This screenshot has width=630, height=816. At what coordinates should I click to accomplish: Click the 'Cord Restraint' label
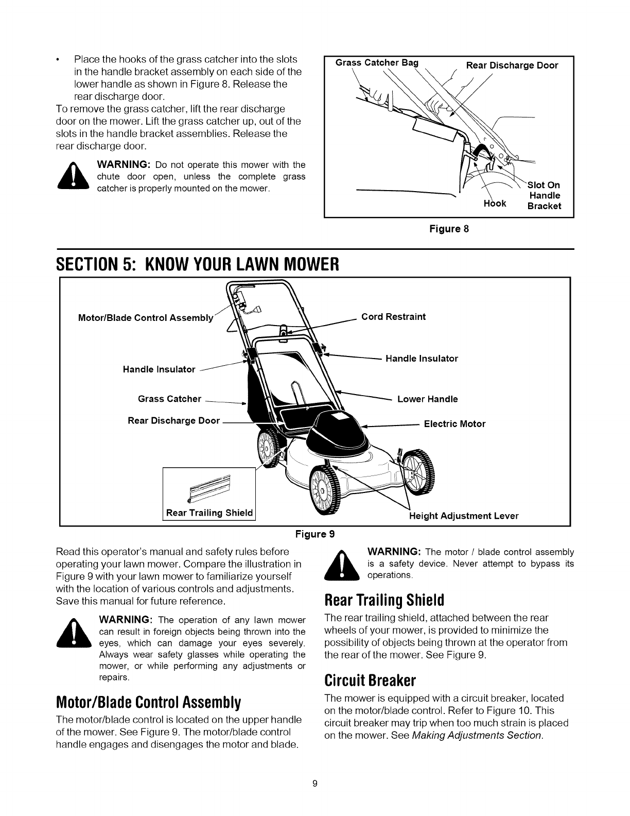pyautogui.click(x=393, y=316)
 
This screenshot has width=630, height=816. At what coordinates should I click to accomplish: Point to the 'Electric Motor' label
pyautogui.click(x=454, y=424)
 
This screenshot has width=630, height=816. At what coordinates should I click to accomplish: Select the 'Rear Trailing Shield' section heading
pyautogui.click(x=384, y=600)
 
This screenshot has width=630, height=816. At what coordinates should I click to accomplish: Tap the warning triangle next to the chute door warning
pyautogui.click(x=76, y=176)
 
